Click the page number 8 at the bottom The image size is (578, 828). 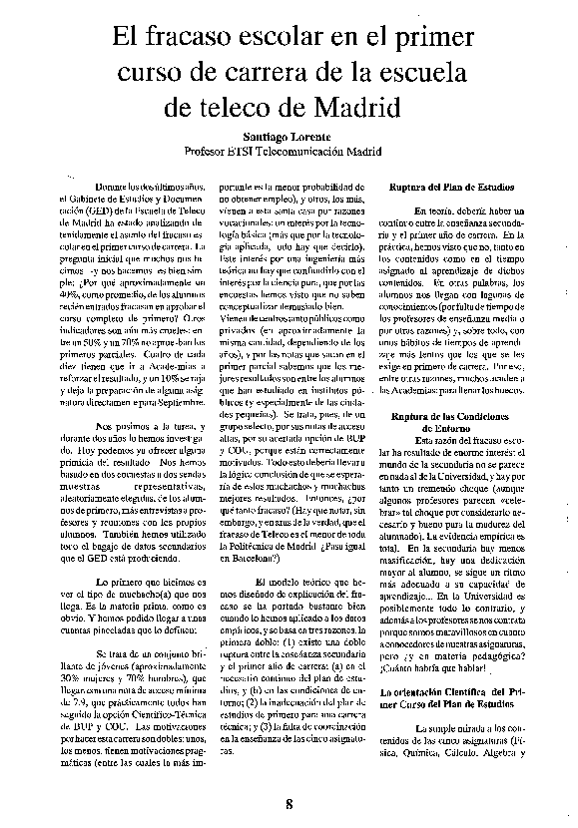click(289, 806)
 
